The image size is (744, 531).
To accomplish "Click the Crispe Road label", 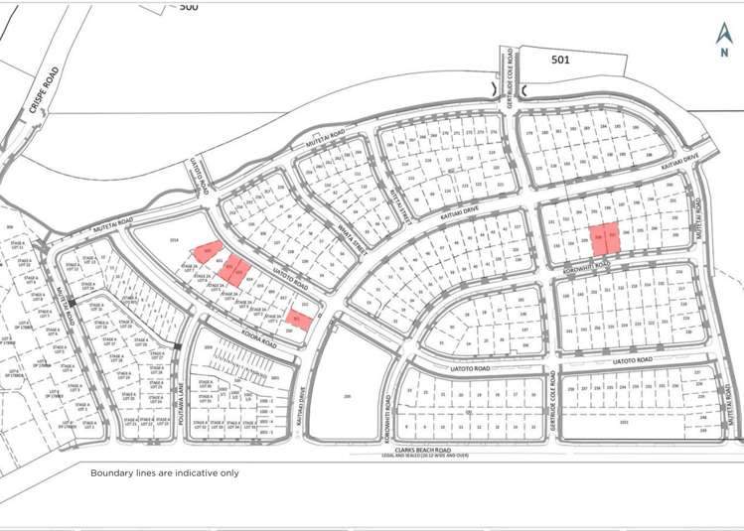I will [44, 92].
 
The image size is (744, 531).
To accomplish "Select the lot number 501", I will [561, 60].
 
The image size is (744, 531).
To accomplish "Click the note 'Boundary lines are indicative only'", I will [165, 473].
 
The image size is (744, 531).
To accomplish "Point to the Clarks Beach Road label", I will [431, 448].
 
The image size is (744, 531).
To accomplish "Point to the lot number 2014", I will [173, 240].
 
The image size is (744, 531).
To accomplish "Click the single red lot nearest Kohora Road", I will [298, 320].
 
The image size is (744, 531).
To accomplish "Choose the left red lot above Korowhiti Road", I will [599, 237].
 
